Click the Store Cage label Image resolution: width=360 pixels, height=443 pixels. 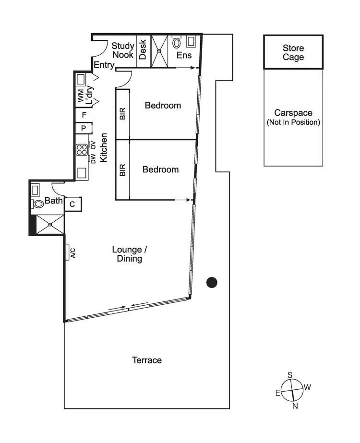coord(293,53)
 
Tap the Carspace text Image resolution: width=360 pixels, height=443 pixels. coord(293,113)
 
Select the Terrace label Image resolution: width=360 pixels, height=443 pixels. coord(147,360)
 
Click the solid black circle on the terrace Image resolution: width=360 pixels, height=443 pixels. coord(212,283)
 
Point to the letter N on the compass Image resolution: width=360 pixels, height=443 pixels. coord(295,407)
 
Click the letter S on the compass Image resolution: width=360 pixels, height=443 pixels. coord(290,374)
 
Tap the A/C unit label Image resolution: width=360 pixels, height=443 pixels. coord(73,252)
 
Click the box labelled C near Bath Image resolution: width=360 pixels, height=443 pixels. coord(72,204)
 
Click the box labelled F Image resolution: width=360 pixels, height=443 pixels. coord(84,115)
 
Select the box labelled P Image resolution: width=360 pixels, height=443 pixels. coord(84,129)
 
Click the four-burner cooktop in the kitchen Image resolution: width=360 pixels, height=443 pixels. coord(81,150)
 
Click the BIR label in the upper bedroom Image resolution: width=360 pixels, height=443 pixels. coord(122,113)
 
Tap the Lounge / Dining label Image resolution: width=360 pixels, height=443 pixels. coord(127,254)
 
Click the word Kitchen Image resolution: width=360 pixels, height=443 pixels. coord(104,146)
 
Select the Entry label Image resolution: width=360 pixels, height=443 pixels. coord(104,65)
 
